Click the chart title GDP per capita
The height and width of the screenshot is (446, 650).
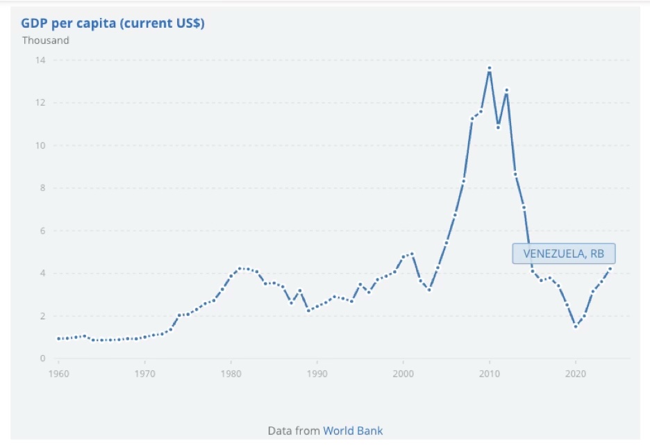point(112,23)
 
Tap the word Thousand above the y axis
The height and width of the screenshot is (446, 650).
point(46,40)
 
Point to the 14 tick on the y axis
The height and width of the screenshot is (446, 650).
point(41,60)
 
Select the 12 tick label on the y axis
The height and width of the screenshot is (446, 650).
point(41,103)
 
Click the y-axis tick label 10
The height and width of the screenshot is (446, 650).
point(41,146)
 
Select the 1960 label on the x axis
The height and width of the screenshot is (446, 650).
point(58,373)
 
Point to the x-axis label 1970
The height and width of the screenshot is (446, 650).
point(144,373)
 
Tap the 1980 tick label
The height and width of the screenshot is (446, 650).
point(231,373)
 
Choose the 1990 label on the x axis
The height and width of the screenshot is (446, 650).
point(317,373)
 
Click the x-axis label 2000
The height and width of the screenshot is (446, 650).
point(403,373)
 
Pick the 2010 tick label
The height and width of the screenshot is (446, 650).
point(490,373)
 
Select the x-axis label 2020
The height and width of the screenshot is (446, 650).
point(576,373)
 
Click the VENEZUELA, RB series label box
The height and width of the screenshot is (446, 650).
point(564,254)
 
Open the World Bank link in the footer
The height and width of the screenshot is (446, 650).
point(353,431)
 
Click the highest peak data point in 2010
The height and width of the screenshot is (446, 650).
point(490,68)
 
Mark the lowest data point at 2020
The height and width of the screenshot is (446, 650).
point(576,327)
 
